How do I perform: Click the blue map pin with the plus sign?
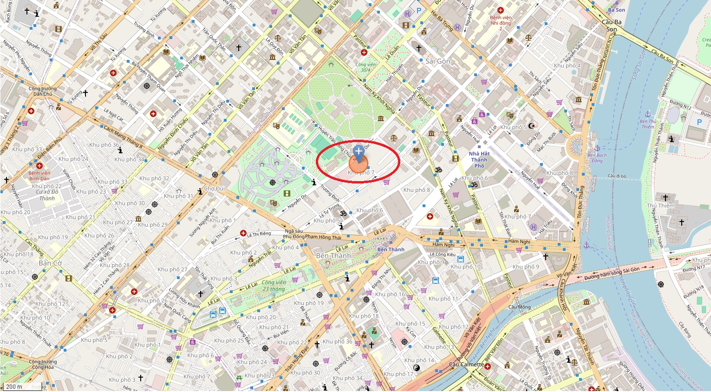click(x=359, y=152)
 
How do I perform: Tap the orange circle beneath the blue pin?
click(x=359, y=165)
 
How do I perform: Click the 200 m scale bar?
click(x=14, y=386)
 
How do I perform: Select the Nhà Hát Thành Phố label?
click(x=479, y=160)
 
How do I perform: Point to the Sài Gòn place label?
click(x=437, y=61)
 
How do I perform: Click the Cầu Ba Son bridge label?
click(x=612, y=26)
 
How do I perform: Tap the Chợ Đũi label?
click(x=214, y=189)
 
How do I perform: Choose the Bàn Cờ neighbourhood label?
click(x=50, y=263)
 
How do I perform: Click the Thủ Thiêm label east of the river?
click(x=660, y=206)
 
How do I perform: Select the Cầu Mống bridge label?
click(x=519, y=307)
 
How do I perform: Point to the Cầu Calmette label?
click(x=466, y=365)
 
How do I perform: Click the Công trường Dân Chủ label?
click(x=43, y=91)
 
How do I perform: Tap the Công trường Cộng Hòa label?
click(x=43, y=364)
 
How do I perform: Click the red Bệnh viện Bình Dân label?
click(x=39, y=176)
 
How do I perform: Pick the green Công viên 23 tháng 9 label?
click(x=274, y=288)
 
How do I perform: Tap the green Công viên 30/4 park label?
click(x=366, y=67)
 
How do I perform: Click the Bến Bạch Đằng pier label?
click(x=597, y=158)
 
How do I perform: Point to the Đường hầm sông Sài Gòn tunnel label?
click(x=612, y=274)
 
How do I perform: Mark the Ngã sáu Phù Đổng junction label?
click(x=312, y=234)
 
